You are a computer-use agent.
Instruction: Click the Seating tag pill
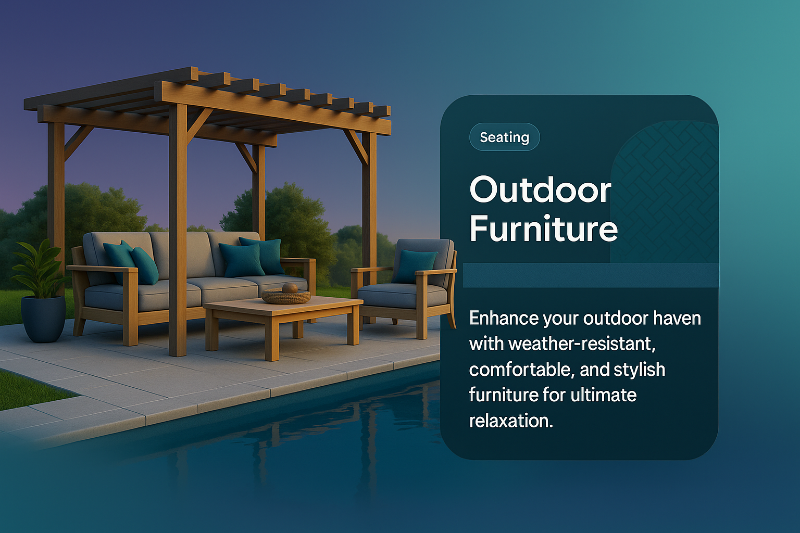click(x=504, y=137)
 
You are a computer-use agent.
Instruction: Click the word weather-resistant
click(x=582, y=344)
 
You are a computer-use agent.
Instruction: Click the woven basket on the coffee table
click(x=286, y=296)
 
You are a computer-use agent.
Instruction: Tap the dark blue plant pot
click(x=43, y=319)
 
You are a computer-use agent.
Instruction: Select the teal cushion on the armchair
click(x=415, y=266)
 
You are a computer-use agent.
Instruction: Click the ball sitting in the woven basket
click(x=290, y=288)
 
